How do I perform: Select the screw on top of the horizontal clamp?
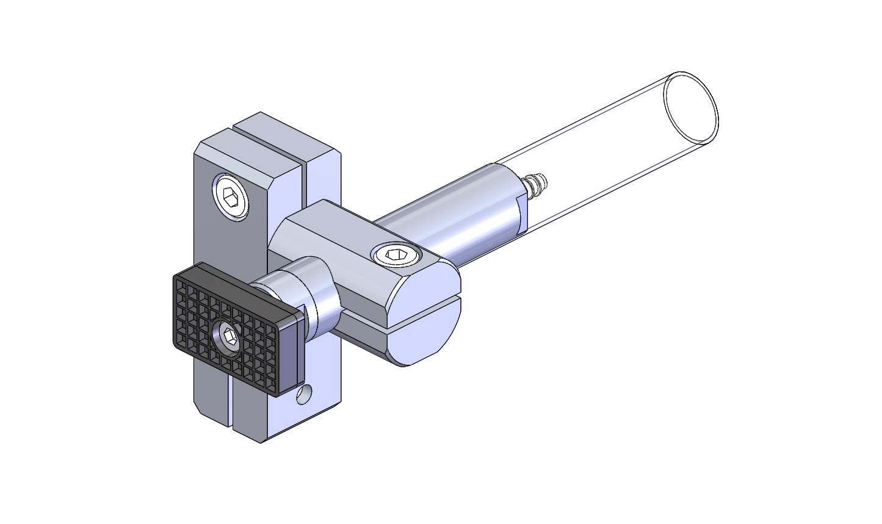click(397, 255)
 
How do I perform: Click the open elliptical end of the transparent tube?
click(690, 109)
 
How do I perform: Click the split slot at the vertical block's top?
click(269, 140)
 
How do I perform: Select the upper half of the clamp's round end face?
click(427, 281)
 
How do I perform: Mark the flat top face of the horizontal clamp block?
click(342, 232)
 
